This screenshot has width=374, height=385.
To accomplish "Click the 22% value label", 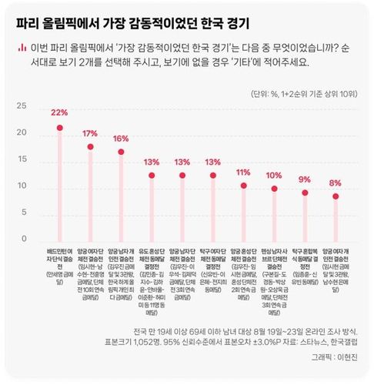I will [59, 112].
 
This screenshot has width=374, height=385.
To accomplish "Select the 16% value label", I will [121, 139].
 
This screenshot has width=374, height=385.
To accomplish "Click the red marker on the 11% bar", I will [244, 186].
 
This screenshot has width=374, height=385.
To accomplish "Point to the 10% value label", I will [275, 176].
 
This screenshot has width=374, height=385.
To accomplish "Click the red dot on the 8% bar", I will [336, 196].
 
